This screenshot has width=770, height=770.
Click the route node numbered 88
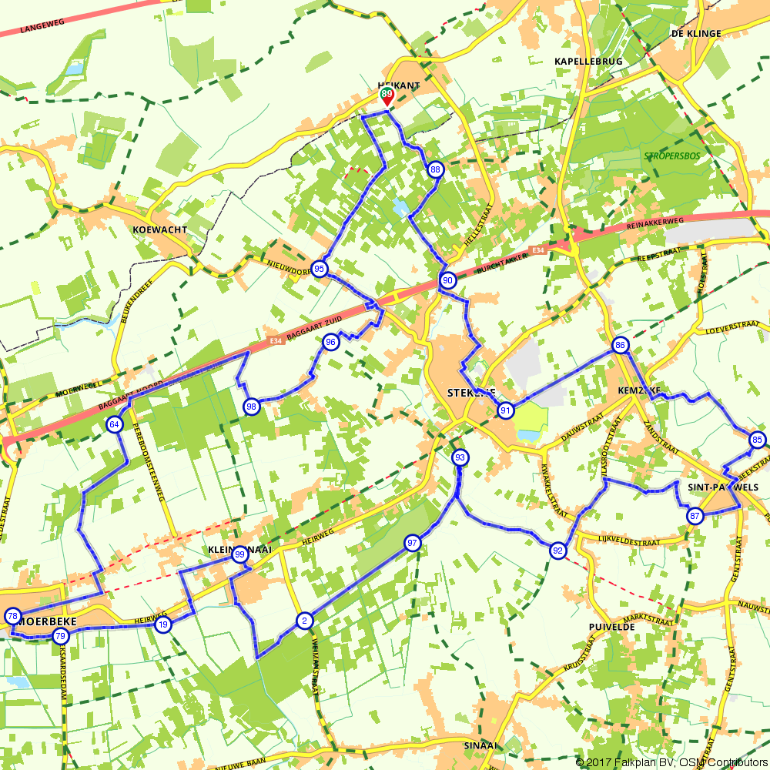(x=436, y=169)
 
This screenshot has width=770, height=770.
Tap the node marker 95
(x=320, y=269)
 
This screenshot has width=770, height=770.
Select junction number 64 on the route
(x=115, y=424)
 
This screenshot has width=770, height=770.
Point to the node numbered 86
(x=620, y=346)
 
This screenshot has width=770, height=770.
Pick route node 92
(x=557, y=551)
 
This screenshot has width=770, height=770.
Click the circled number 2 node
(x=304, y=621)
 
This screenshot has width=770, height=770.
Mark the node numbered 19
(x=162, y=625)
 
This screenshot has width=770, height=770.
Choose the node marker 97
(x=413, y=543)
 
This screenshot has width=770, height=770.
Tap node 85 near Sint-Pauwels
(x=758, y=440)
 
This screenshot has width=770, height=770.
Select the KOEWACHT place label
(x=159, y=229)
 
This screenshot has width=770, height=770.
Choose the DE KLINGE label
(x=696, y=34)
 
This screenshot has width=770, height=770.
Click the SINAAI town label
(x=482, y=745)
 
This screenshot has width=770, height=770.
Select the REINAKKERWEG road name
(x=657, y=219)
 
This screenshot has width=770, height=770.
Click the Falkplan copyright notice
(x=671, y=762)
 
